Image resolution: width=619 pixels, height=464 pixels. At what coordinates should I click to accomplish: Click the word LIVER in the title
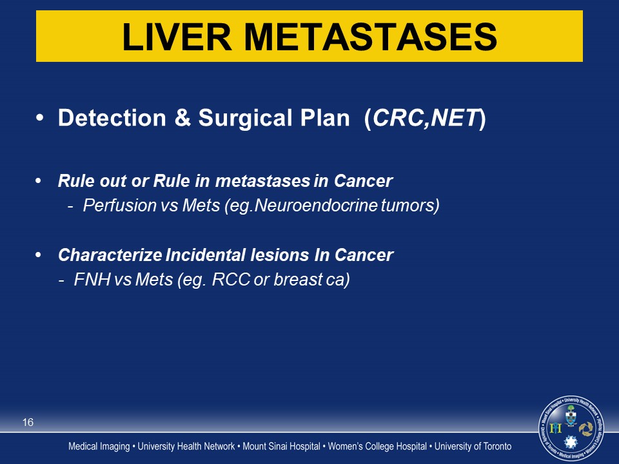click(177, 37)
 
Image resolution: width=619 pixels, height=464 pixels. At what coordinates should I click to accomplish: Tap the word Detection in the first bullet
click(112, 117)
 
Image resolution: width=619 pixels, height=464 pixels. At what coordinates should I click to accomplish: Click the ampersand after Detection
click(182, 117)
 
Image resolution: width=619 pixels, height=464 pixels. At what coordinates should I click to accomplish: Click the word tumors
click(408, 206)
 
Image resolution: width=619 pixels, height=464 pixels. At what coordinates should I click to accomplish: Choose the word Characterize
click(110, 255)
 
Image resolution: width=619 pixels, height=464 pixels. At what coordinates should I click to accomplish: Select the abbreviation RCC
click(231, 279)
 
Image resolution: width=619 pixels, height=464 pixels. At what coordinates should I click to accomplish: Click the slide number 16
click(28, 422)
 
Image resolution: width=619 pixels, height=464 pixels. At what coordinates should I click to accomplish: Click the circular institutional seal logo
click(571, 429)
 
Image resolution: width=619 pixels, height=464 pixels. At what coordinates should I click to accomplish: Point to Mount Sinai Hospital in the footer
click(281, 446)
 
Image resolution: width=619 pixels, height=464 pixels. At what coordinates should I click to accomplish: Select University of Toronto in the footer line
click(473, 446)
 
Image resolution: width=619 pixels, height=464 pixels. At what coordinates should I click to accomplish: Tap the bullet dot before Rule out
click(38, 180)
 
